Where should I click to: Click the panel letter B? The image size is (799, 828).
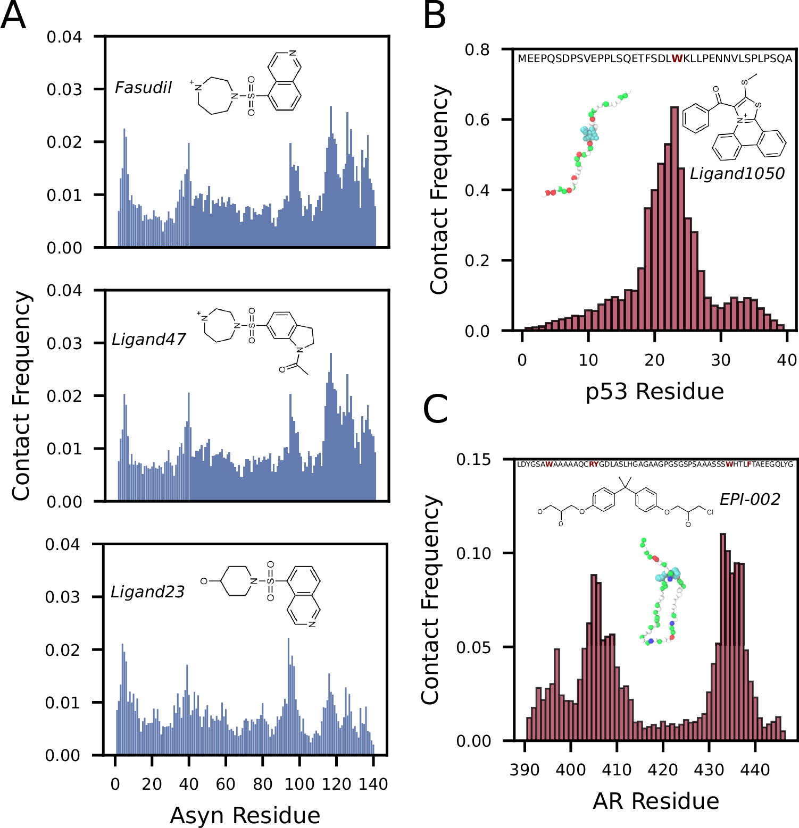(434, 16)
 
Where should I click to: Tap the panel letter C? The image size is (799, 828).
(436, 409)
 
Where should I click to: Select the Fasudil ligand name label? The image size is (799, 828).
(143, 88)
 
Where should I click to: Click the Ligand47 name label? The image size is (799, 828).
(148, 339)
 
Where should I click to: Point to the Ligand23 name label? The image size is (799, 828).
(147, 592)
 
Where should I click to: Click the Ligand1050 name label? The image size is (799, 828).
(737, 174)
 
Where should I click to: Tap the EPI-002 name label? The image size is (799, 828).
(750, 499)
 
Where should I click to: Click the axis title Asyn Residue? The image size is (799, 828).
(245, 815)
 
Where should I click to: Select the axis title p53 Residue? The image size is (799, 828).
(654, 391)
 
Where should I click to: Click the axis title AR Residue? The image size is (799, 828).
(655, 801)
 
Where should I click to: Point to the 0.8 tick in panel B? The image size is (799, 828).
(477, 49)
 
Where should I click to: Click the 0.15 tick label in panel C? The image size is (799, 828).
(473, 459)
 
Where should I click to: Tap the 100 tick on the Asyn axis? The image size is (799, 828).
(299, 784)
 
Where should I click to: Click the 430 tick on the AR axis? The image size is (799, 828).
(709, 770)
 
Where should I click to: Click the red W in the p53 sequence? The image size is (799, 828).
(677, 58)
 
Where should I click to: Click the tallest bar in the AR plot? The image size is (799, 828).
(722, 638)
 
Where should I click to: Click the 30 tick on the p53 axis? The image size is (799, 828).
(721, 360)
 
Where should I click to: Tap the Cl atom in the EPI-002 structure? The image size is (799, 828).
(710, 512)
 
